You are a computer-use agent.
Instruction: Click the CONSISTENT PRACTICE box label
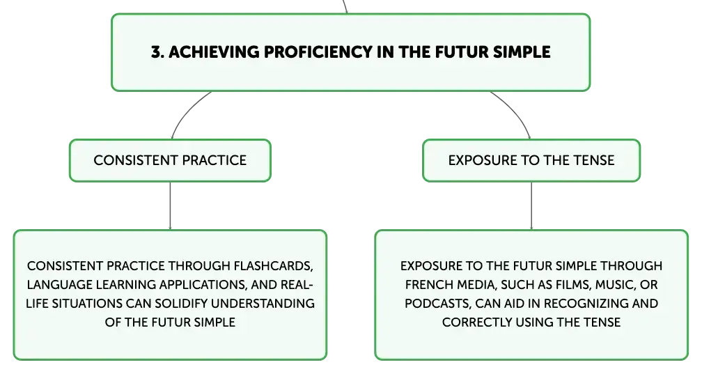tap(170, 160)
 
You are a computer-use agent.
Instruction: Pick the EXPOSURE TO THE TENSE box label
tap(531, 160)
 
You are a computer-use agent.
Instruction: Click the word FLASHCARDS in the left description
tap(273, 266)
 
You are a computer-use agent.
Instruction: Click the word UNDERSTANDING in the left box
tap(263, 304)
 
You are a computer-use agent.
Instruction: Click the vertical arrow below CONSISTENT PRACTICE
tap(170, 206)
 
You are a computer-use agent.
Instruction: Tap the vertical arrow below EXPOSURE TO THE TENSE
tap(531, 206)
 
